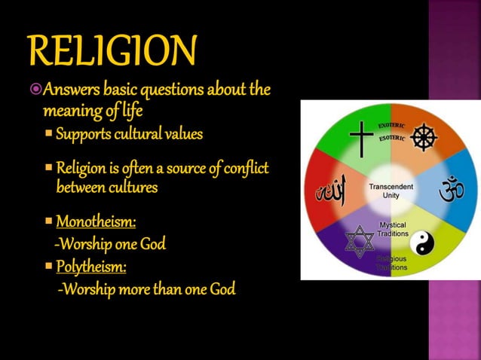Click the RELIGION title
tap(112, 50)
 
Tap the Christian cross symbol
tap(361, 139)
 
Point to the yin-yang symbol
tap(422, 242)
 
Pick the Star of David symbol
tap(360, 241)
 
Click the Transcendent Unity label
tap(391, 191)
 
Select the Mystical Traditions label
tap(392, 229)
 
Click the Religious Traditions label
tap(392, 263)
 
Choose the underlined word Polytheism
tap(91, 267)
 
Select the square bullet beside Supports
tap(49, 135)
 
